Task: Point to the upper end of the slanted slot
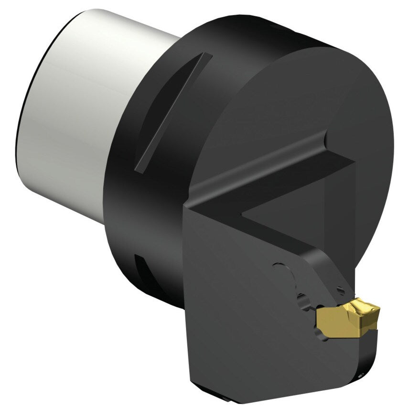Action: coord(207,56)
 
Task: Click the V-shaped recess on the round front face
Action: coord(287,191)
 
